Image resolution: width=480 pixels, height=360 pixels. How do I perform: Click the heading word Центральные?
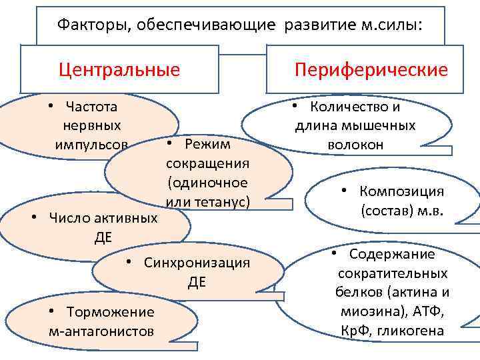119,69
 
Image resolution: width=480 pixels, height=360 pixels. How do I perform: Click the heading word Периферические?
371,70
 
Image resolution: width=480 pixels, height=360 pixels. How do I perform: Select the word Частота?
91,107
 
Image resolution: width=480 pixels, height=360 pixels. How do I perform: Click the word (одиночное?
208,183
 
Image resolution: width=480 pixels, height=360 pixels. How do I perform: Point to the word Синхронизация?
197,263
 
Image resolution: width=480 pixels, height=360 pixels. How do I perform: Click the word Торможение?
110,312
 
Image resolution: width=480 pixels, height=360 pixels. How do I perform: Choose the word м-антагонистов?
101,331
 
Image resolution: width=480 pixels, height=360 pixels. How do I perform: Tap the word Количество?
347,107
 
